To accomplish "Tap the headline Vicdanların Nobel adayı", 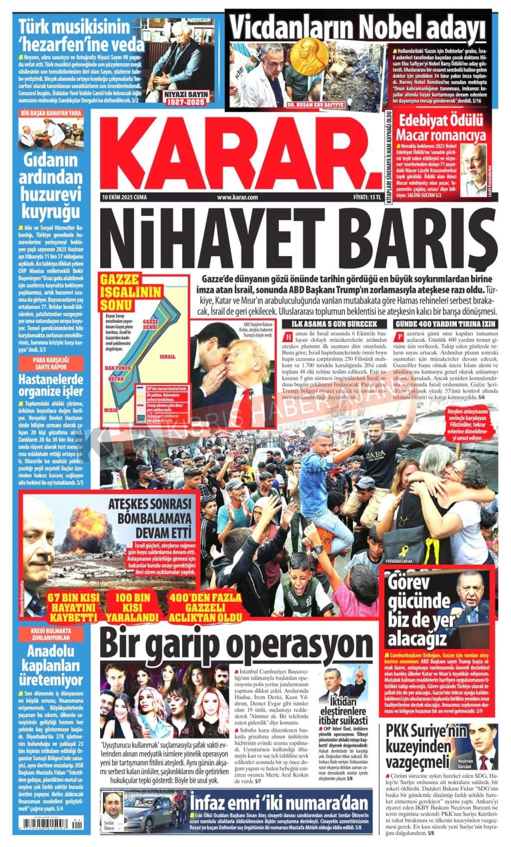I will pos(357,25).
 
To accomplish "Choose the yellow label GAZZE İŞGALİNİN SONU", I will pos(117,291).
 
